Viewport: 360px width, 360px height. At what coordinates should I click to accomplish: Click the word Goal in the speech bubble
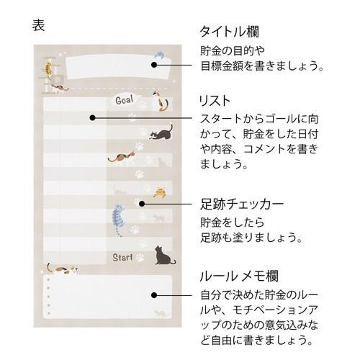(x=124, y=100)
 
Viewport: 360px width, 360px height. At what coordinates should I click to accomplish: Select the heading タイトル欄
(x=228, y=32)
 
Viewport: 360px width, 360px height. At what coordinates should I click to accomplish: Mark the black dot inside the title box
(x=153, y=65)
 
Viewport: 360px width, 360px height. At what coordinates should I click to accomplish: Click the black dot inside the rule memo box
(x=153, y=293)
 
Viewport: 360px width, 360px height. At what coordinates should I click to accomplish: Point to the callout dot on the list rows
(x=92, y=117)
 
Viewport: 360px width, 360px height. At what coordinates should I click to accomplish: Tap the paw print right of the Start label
(x=140, y=257)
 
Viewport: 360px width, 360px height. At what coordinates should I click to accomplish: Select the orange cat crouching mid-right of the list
(x=163, y=191)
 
